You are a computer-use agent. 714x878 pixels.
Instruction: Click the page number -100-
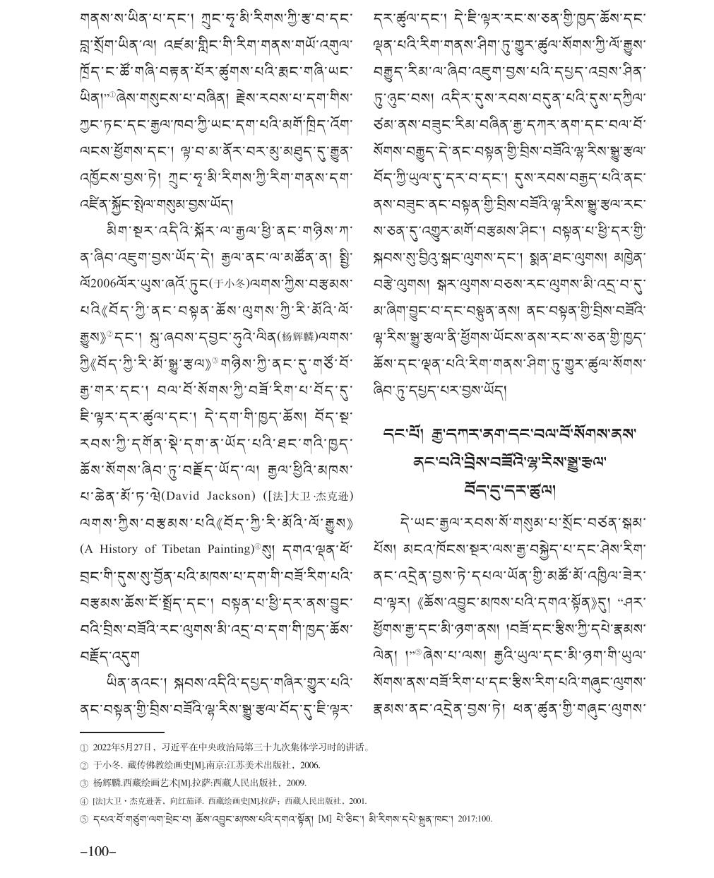pos(98,851)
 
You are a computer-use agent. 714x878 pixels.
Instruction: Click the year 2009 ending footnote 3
pos(297,783)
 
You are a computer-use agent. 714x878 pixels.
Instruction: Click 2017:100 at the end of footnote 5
pos(475,819)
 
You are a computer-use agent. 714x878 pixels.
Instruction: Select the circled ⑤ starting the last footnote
pos(84,819)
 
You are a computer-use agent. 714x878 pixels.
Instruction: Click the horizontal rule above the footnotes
pos(121,732)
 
